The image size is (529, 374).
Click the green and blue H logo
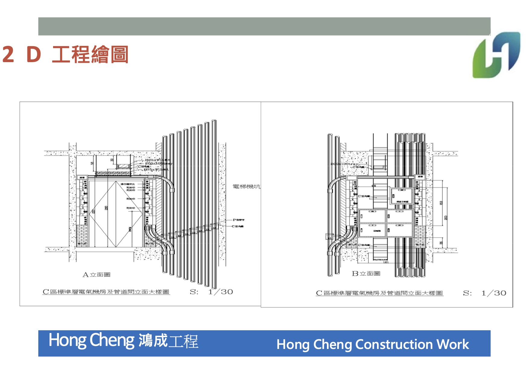(x=496, y=55)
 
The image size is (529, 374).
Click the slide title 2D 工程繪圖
(x=65, y=55)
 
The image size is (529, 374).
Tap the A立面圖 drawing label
(x=97, y=274)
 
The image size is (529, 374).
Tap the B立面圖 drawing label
(x=366, y=274)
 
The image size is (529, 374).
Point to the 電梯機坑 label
(x=246, y=187)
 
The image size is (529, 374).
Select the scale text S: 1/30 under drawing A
(x=211, y=292)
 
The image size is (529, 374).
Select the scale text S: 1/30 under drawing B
(x=484, y=293)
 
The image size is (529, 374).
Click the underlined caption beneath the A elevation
(x=106, y=292)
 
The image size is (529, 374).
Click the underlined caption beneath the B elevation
(x=379, y=293)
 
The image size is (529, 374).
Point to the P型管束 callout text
(x=239, y=220)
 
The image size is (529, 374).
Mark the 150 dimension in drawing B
(x=441, y=203)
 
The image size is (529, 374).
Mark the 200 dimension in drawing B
(x=446, y=217)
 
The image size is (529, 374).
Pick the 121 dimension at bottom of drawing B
(x=386, y=262)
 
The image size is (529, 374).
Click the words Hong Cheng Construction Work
(x=372, y=344)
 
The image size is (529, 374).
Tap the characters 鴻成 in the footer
(x=153, y=341)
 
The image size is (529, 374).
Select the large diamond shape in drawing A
(x=116, y=214)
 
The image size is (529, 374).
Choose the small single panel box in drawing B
(x=401, y=196)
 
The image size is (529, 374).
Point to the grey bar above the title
(x=264, y=26)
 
